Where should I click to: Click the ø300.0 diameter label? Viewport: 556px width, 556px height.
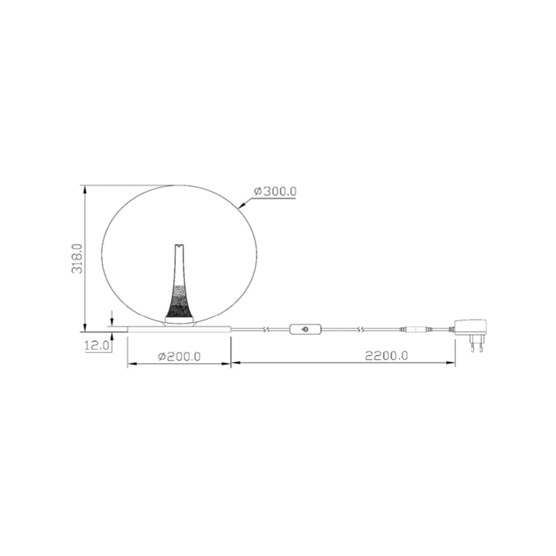coord(275,192)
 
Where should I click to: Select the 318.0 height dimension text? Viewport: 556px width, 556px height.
coord(77,259)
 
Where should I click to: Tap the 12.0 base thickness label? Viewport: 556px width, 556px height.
coord(97,345)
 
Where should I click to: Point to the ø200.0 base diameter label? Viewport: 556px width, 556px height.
coord(179,356)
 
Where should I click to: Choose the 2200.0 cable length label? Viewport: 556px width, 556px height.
coord(386,355)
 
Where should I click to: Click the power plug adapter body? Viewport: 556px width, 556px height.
coord(471,327)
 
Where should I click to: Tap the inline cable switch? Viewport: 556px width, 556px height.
coord(306,329)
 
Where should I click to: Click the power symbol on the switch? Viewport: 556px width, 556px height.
coord(305,329)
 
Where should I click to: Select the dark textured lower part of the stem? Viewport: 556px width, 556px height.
coord(179,302)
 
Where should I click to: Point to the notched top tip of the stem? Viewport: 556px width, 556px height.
coord(179,246)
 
